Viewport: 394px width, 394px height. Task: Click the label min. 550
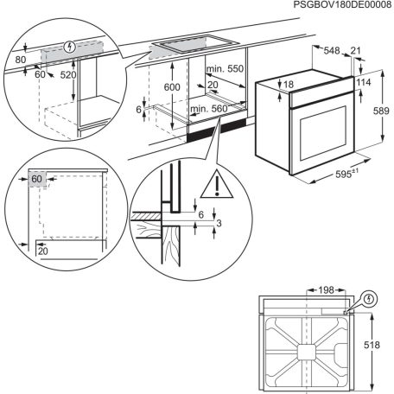click(226, 67)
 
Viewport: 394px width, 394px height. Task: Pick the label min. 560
click(208, 109)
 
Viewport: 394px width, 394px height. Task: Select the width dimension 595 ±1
click(346, 173)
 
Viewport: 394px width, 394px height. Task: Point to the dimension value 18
click(288, 84)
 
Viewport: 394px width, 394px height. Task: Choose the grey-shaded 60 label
click(36, 180)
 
